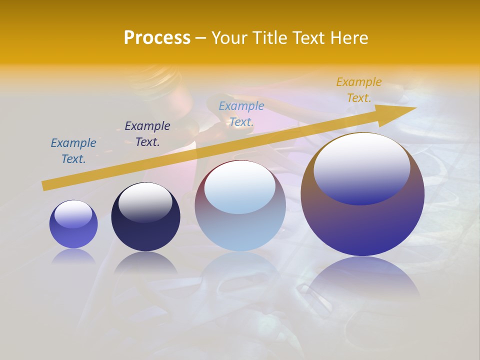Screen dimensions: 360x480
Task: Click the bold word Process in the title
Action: [157, 38]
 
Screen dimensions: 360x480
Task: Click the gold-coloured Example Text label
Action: [359, 90]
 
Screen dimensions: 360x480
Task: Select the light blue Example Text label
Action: [241, 114]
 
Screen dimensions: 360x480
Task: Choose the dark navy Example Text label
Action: [147, 134]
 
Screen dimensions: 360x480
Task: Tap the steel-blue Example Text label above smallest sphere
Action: [73, 151]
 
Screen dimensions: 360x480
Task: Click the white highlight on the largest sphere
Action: [362, 165]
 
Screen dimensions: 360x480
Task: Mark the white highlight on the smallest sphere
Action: [73, 213]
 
